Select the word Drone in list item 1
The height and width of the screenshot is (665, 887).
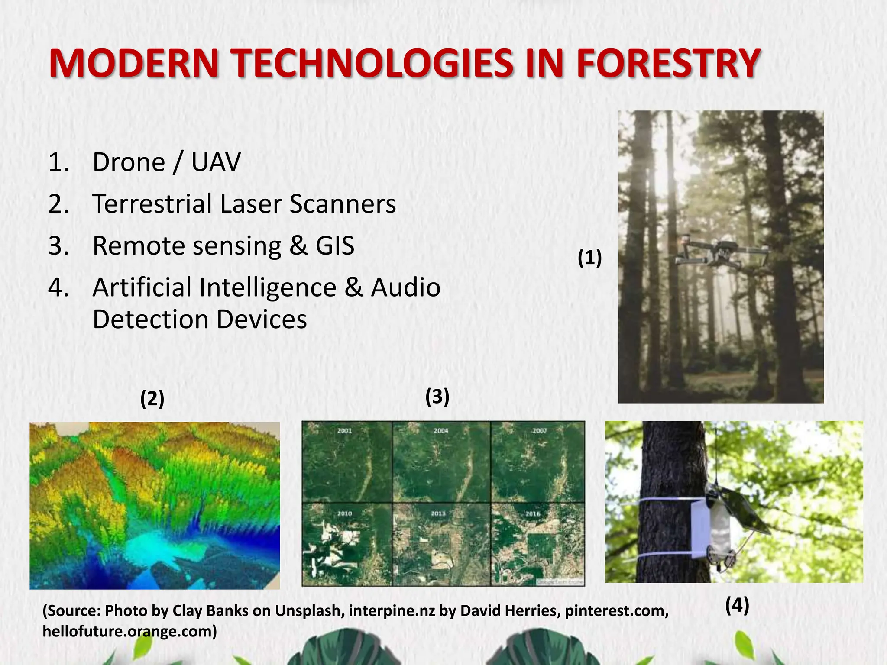[x=129, y=162]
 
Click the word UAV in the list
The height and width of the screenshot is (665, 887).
[x=216, y=162]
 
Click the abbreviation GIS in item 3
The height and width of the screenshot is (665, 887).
[x=335, y=245]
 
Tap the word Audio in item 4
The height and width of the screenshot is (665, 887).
[x=405, y=287]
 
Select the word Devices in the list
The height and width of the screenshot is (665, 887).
[x=262, y=320]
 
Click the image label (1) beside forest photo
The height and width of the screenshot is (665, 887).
[x=589, y=258]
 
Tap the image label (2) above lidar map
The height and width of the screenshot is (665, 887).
[x=152, y=399]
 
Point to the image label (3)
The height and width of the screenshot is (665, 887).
[x=437, y=397]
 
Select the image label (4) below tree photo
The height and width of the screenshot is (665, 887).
[x=737, y=605]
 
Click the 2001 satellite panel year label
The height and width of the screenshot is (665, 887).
[x=345, y=431]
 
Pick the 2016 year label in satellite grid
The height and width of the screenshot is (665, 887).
[x=533, y=514]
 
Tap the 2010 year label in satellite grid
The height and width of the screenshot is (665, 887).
[x=345, y=513]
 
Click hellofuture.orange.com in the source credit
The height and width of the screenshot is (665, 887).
[x=129, y=632]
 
